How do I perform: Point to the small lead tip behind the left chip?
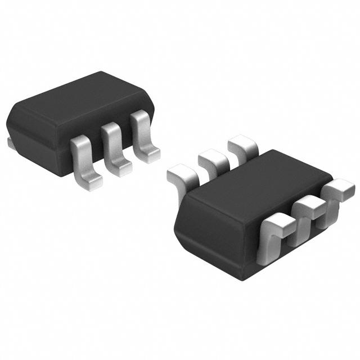[x=11, y=143]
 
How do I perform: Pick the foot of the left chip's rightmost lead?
[x=150, y=155]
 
